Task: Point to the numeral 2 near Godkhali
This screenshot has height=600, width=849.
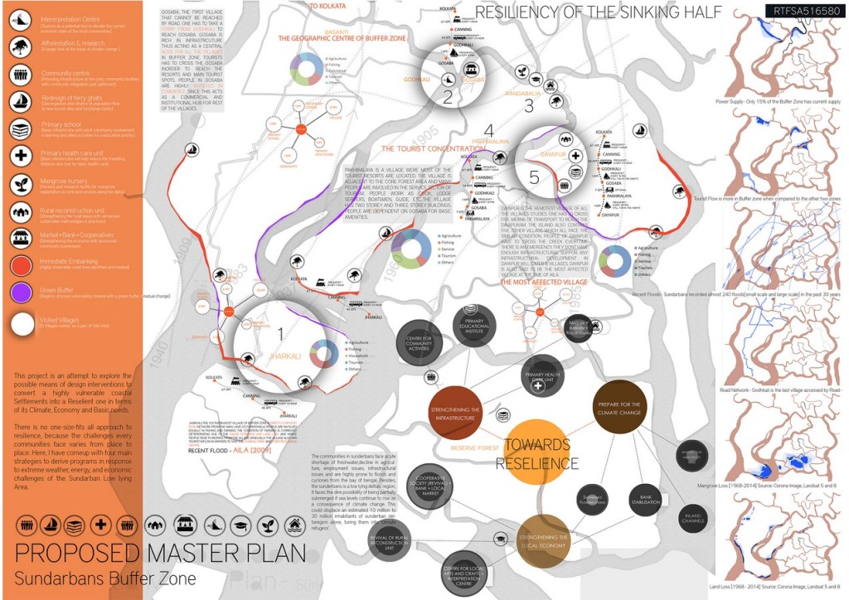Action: coord(447,97)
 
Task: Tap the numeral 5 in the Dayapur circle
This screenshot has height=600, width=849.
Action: coord(534,177)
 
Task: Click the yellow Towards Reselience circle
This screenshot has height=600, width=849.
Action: coord(536,452)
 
